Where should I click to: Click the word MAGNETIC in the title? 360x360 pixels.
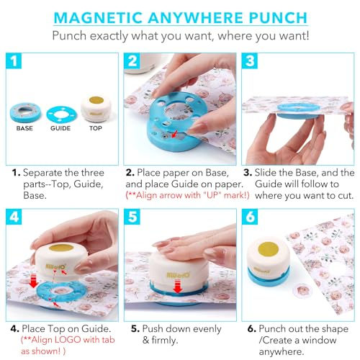[98, 17]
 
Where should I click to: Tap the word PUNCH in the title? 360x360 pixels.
[278, 17]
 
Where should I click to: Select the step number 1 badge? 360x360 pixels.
[14, 60]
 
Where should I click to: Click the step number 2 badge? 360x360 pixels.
[132, 60]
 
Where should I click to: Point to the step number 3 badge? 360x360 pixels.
[250, 60]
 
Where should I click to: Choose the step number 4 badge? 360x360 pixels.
[14, 217]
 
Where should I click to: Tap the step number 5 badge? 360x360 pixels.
[132, 217]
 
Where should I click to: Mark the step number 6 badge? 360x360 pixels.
[250, 217]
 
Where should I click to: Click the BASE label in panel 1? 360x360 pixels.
[24, 128]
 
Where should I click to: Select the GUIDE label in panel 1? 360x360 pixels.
[60, 128]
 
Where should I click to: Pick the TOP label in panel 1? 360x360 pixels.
[96, 128]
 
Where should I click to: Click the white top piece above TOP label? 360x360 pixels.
[96, 108]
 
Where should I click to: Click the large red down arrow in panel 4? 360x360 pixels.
[33, 281]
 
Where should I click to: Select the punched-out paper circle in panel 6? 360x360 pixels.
[303, 290]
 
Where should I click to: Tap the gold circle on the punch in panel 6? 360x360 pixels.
[268, 248]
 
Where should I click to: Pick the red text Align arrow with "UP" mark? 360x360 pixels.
[187, 195]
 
